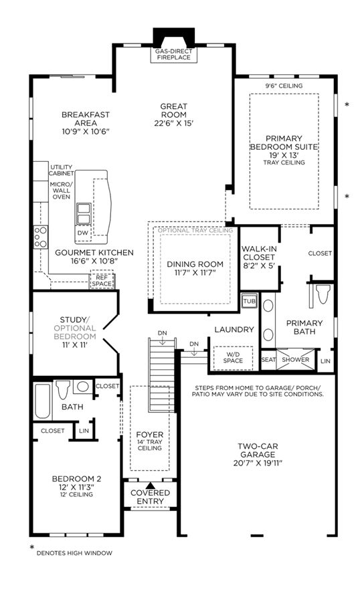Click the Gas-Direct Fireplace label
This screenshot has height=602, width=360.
173,54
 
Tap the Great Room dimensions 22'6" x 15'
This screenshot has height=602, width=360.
174,123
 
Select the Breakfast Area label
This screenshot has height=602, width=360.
86,118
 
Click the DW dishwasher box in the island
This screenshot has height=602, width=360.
82,233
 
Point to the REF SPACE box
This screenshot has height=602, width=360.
102,280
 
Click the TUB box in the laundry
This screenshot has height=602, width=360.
250,301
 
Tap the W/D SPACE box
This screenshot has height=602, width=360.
234,358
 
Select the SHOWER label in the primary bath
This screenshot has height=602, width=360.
296,360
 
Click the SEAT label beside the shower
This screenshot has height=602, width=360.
268,360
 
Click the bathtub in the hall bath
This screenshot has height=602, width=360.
42,401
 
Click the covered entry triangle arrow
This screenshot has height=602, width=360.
151,486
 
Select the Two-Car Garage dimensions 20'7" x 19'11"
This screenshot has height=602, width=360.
258,463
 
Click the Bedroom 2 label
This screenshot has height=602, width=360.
76,479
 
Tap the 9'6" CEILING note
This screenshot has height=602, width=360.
284,86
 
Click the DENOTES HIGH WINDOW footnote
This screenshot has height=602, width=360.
74,553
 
